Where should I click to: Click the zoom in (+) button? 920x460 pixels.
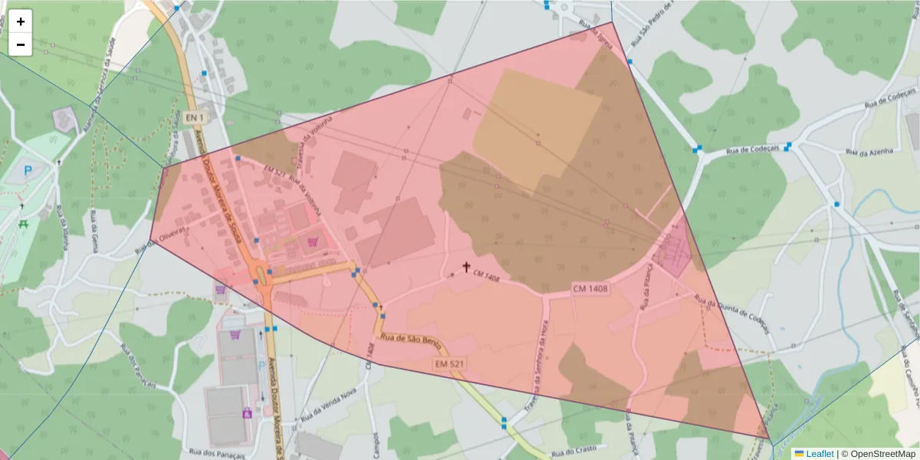click(x=21, y=21)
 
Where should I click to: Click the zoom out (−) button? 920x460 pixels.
click(x=21, y=44)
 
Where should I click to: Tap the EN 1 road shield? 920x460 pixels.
click(x=195, y=117)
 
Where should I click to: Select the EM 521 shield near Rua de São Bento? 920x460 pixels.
click(x=449, y=363)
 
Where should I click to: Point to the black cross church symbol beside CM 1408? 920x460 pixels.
click(x=465, y=267)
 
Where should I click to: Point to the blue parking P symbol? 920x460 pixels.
click(x=29, y=170)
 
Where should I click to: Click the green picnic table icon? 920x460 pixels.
click(x=24, y=224)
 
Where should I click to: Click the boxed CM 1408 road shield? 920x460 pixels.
click(x=590, y=288)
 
